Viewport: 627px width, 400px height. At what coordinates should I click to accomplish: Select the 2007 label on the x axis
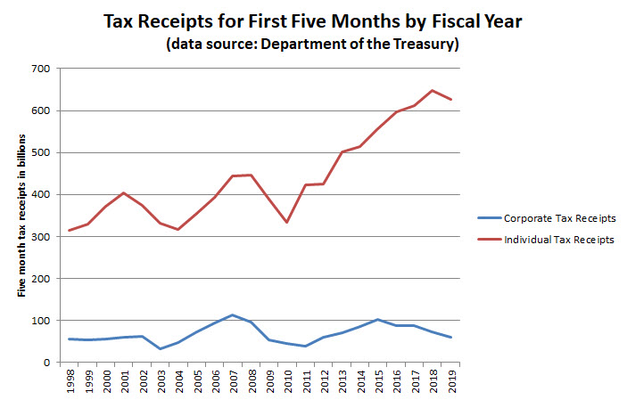click(x=232, y=381)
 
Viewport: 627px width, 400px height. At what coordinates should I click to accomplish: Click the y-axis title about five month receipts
click(x=21, y=215)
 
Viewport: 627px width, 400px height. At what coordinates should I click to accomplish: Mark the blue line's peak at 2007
click(x=232, y=314)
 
